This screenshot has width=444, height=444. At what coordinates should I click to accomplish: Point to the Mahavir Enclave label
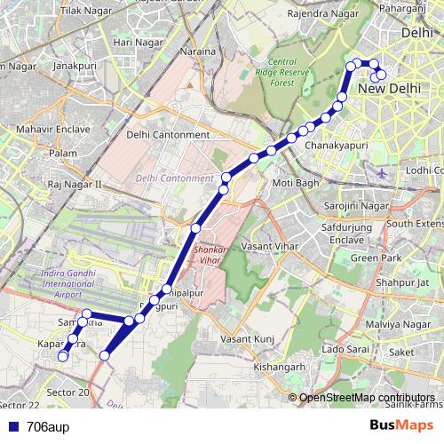53,129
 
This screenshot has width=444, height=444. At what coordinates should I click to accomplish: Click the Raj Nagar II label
75,185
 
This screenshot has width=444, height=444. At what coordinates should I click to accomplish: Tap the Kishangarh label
279,366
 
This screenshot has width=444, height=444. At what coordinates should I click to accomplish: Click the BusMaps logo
401,425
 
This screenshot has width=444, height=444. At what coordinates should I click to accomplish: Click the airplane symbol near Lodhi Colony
382,172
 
